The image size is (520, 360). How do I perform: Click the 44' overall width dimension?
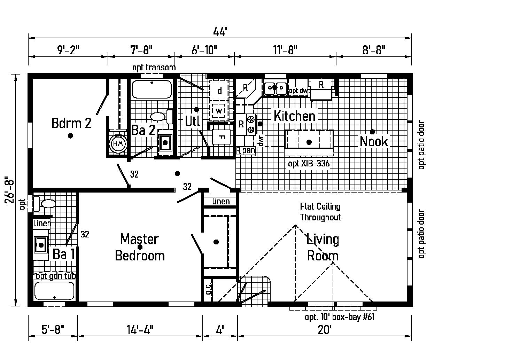click(220, 32)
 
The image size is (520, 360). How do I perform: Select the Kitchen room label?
click(294, 116)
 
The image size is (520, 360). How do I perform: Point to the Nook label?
click(374, 141)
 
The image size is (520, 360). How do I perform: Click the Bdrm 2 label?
click(71, 123)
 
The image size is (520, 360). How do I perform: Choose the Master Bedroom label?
click(140, 247)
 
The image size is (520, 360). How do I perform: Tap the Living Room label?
click(323, 248)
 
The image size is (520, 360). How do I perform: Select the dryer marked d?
click(219, 91)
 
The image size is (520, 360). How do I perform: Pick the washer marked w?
click(219, 111)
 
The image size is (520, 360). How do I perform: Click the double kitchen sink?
click(275, 87)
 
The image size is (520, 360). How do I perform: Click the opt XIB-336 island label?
click(309, 164)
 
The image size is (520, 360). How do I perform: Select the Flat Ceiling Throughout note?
click(320, 212)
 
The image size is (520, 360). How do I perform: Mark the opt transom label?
click(154, 67)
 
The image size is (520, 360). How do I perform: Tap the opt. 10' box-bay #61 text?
click(340, 317)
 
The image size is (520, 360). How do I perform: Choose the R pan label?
click(246, 150)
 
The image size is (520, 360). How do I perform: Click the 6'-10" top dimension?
click(204, 50)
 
